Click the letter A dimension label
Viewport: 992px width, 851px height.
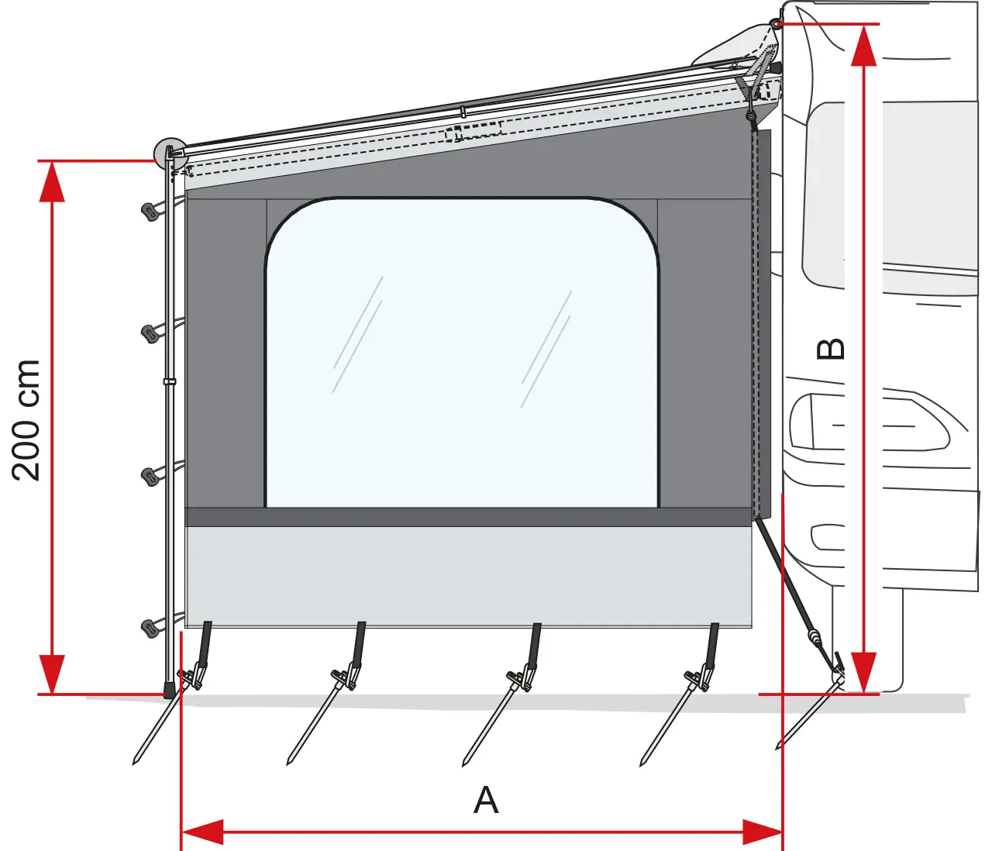(486, 800)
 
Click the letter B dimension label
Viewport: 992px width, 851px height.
(830, 349)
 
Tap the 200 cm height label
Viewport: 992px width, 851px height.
(26, 420)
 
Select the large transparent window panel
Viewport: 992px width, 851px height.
(462, 353)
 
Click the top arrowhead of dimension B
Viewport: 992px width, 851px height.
(864, 45)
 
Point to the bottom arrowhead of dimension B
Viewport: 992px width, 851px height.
(864, 672)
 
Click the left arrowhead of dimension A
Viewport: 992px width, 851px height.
(202, 832)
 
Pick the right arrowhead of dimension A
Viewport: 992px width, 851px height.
(762, 832)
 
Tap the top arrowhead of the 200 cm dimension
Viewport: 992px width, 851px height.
(52, 181)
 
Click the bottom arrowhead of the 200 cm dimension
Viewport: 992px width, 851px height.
(52, 674)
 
